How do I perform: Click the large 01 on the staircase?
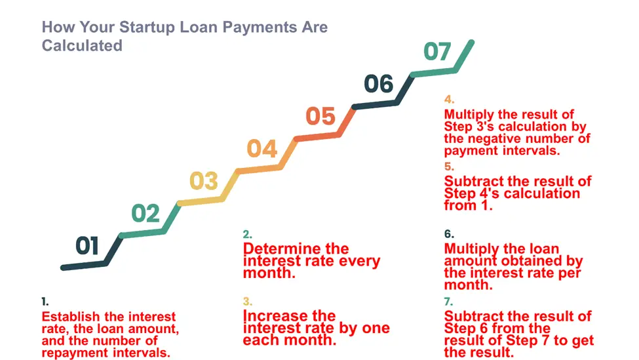tap(87, 245)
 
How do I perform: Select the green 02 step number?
tap(145, 213)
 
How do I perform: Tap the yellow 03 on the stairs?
tap(204, 180)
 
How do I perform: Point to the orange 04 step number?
tap(262, 148)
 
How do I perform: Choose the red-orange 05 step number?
tap(320, 116)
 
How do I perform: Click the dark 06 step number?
tap(379, 84)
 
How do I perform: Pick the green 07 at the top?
tap(437, 51)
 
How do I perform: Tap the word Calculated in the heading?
tap(82, 46)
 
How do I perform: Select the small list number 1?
tap(45, 302)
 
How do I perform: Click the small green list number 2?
tap(247, 235)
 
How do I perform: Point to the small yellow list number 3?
tap(247, 302)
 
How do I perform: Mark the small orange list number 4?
tap(449, 100)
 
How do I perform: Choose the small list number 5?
tap(449, 167)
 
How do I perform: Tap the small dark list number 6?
tap(449, 234)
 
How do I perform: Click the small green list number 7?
tap(449, 302)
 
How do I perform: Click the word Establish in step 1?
tap(71, 317)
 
